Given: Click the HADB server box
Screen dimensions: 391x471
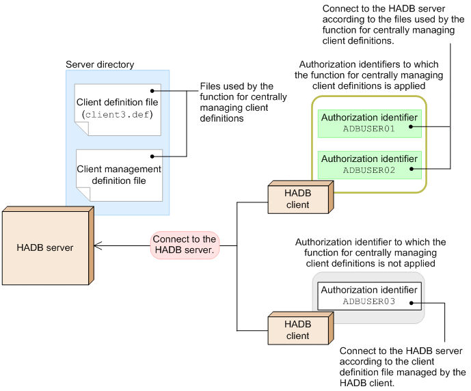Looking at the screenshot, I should [x=44, y=247].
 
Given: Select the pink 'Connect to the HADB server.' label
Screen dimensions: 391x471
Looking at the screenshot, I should [x=184, y=245].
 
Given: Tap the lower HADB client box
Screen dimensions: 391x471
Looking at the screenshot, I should [x=297, y=329].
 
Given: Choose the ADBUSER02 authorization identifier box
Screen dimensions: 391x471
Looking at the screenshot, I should [x=369, y=164].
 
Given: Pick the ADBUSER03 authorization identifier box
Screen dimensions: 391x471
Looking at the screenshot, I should [x=369, y=296].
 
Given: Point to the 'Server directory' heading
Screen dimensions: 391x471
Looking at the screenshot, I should [x=100, y=65].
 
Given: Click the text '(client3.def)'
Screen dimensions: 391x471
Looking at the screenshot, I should [x=118, y=113].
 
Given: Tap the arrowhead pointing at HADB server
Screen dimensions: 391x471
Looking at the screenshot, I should [x=97, y=245].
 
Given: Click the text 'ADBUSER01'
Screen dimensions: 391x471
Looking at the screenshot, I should [x=369, y=128].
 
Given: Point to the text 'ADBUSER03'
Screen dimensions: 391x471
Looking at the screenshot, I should [x=369, y=301].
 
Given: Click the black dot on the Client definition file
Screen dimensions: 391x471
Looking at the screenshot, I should [x=154, y=90].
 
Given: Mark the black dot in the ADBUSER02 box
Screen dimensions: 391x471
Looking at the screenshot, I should [x=412, y=168].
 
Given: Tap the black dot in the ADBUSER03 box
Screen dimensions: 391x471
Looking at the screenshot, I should [x=412, y=301].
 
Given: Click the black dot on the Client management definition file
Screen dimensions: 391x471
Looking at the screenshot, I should [x=155, y=157].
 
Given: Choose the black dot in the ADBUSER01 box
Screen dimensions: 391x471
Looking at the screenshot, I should [x=412, y=127].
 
